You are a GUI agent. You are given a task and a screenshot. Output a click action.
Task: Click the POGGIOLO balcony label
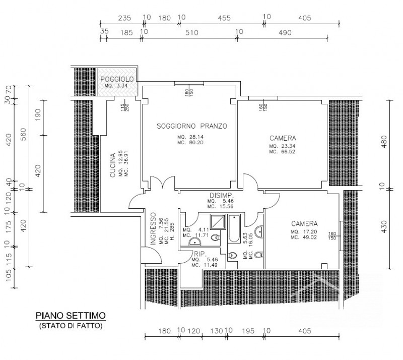pyautogui.click(x=117, y=80)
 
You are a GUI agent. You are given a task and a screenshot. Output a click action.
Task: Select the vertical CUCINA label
pyautogui.click(x=114, y=165)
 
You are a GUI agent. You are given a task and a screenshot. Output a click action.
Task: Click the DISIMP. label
pyautogui.click(x=221, y=196)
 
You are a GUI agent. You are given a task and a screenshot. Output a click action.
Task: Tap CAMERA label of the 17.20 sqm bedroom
pyautogui.click(x=304, y=223)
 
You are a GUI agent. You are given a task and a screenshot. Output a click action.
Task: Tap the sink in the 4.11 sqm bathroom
pyautogui.click(x=193, y=243)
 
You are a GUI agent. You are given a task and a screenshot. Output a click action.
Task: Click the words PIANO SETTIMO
pyautogui.click(x=71, y=316)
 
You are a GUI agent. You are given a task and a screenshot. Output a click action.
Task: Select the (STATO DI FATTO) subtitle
pyautogui.click(x=71, y=326)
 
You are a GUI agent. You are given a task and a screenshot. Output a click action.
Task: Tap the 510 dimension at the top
pyautogui.click(x=191, y=32)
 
